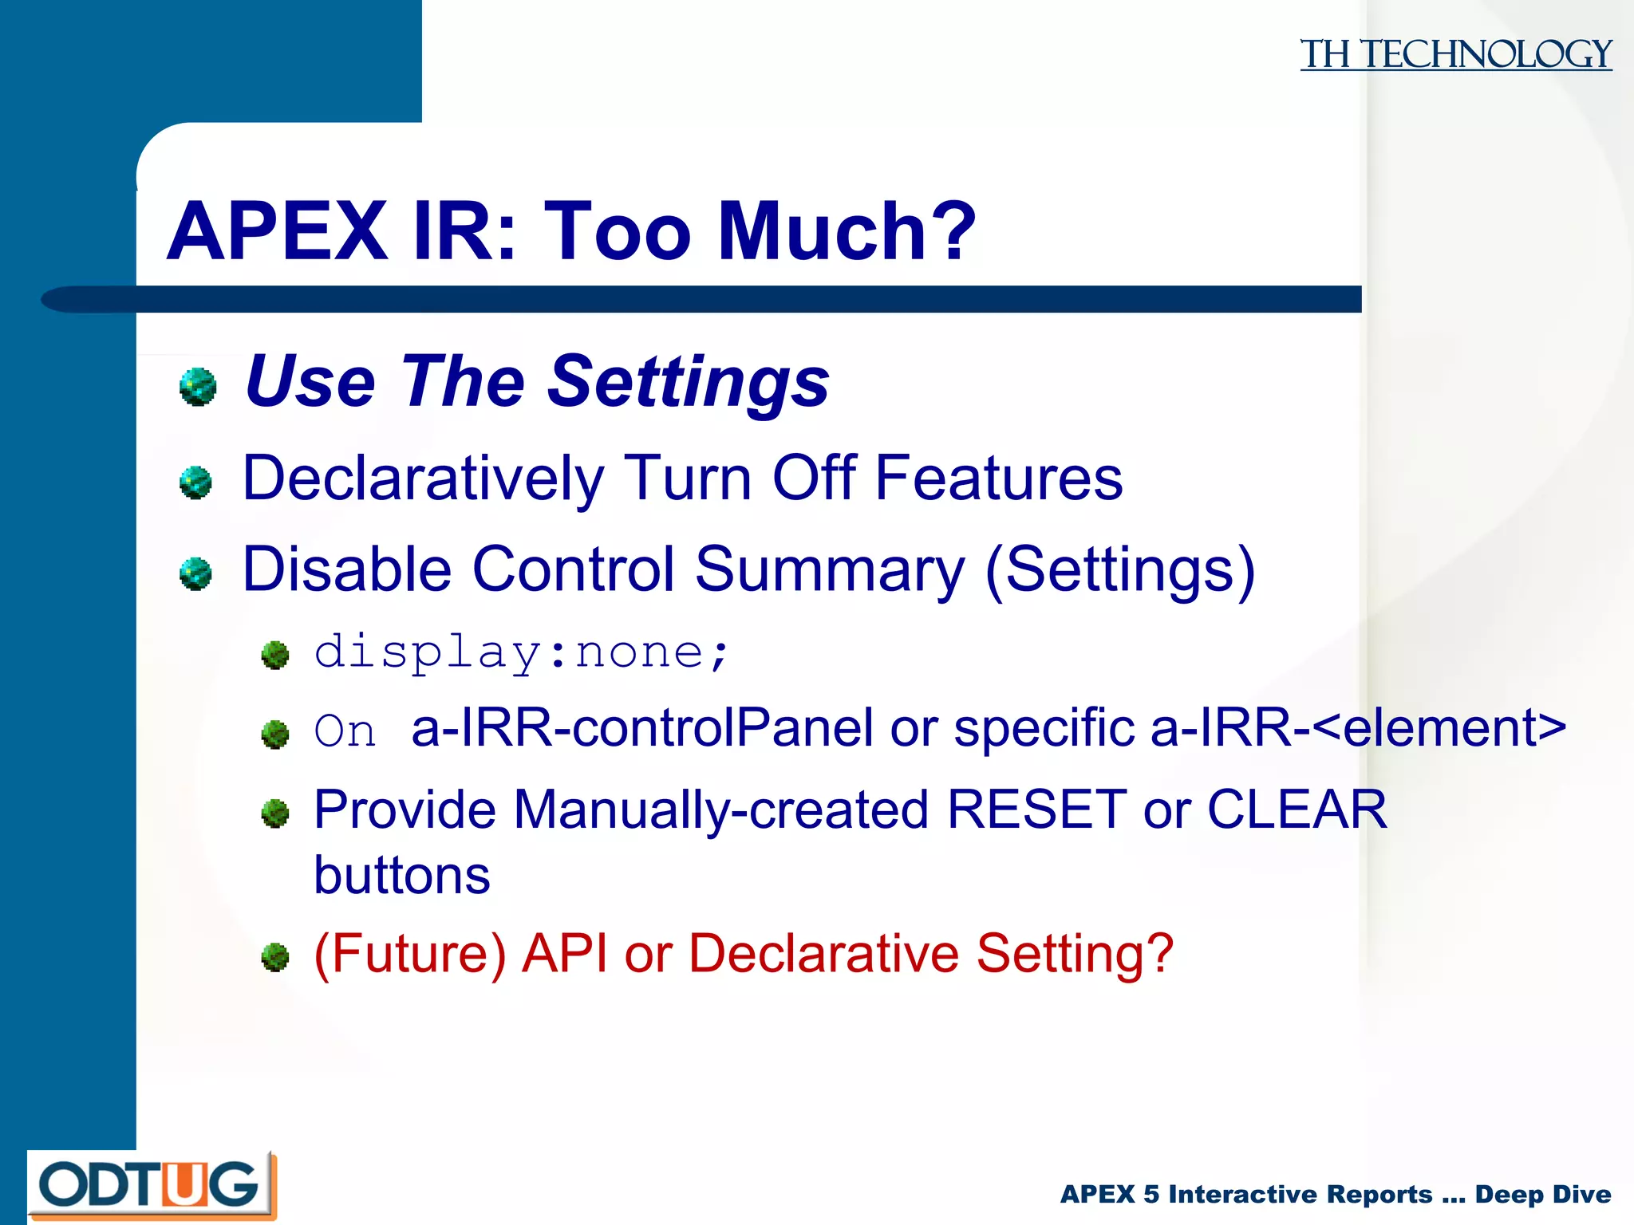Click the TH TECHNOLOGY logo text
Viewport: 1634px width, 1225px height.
1455,54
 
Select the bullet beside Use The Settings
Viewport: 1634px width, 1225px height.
198,387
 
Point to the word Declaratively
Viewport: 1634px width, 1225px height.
423,479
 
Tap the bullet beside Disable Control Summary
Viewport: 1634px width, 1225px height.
195,573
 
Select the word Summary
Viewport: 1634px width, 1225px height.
830,570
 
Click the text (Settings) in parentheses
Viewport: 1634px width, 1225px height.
1120,570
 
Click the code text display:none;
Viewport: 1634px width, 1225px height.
522,652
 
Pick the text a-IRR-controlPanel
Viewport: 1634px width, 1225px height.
641,728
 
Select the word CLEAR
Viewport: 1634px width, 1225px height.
1297,809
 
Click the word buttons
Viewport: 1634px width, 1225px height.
402,876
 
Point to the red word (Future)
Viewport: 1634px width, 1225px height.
410,954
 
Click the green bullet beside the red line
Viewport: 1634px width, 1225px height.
275,957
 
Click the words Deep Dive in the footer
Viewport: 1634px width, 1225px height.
1542,1194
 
